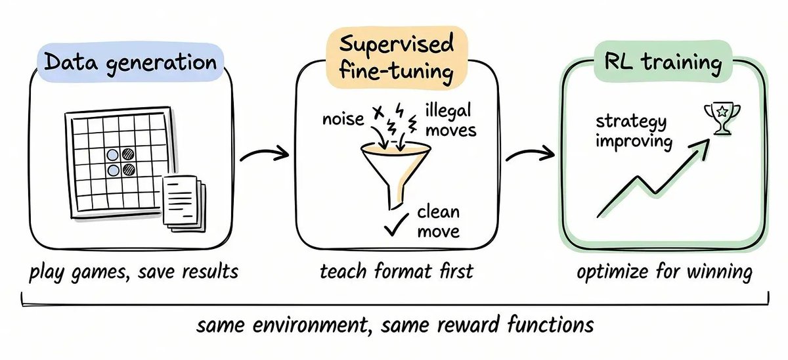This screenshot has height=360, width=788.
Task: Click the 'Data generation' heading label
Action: coord(131,62)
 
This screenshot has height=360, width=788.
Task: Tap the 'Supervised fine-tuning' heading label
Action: coord(397,57)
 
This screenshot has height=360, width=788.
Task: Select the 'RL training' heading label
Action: coord(663,62)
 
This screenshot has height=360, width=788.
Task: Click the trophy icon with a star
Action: coord(722,118)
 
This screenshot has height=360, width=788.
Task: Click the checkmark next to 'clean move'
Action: coord(396,225)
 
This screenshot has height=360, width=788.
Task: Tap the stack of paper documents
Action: coord(185,204)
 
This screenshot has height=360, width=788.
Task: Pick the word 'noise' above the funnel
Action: coord(343,120)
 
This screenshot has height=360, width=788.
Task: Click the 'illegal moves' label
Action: coord(450,120)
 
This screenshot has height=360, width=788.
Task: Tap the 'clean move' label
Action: coord(439,222)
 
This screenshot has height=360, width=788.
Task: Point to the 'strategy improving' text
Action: coord(634,132)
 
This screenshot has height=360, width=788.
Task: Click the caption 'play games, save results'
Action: coord(134,273)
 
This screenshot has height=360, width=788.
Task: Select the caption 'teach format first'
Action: coord(397,271)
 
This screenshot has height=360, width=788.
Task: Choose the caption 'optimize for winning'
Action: coord(664,273)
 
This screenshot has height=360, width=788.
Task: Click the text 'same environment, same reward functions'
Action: coord(395,325)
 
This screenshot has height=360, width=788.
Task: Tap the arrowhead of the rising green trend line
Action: coord(701,148)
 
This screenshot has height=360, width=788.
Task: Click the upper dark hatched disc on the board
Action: coord(128,154)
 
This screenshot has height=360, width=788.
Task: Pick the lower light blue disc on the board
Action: coord(113,170)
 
